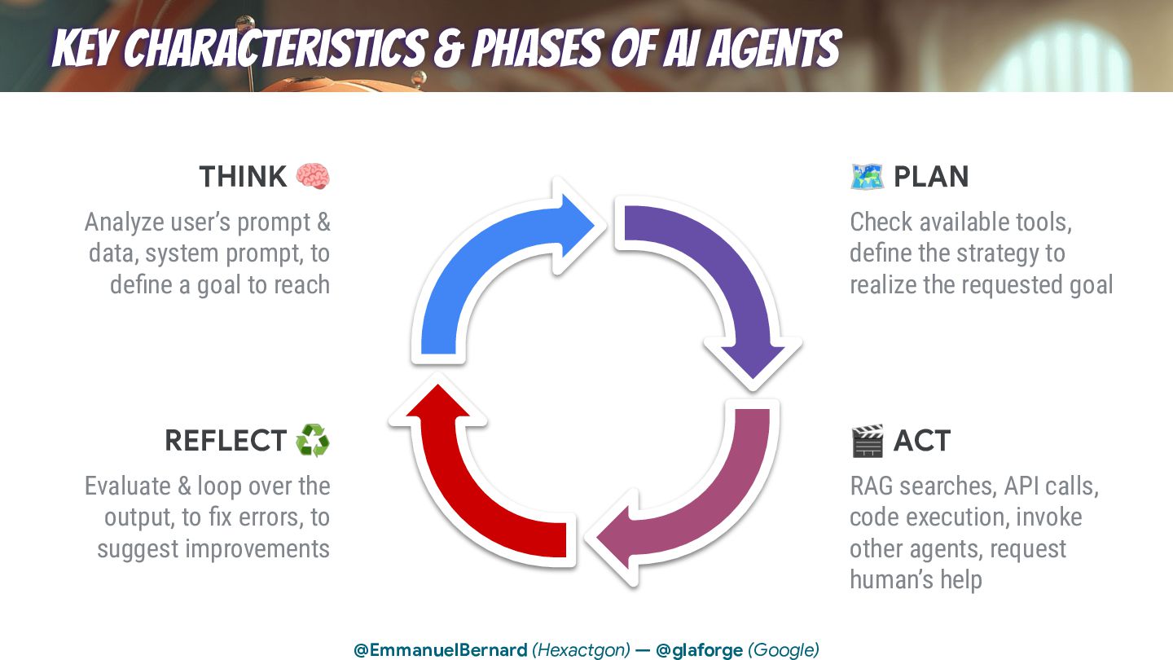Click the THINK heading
[243, 177]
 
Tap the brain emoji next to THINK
[313, 176]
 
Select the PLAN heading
[931, 177]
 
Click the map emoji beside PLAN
[867, 176]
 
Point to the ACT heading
[921, 441]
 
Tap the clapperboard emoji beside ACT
[867, 441]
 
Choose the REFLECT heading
[226, 441]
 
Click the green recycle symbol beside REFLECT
[313, 440]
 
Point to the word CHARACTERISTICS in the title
[276, 50]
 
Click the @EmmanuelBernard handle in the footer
[440, 650]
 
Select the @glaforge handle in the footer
[699, 650]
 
